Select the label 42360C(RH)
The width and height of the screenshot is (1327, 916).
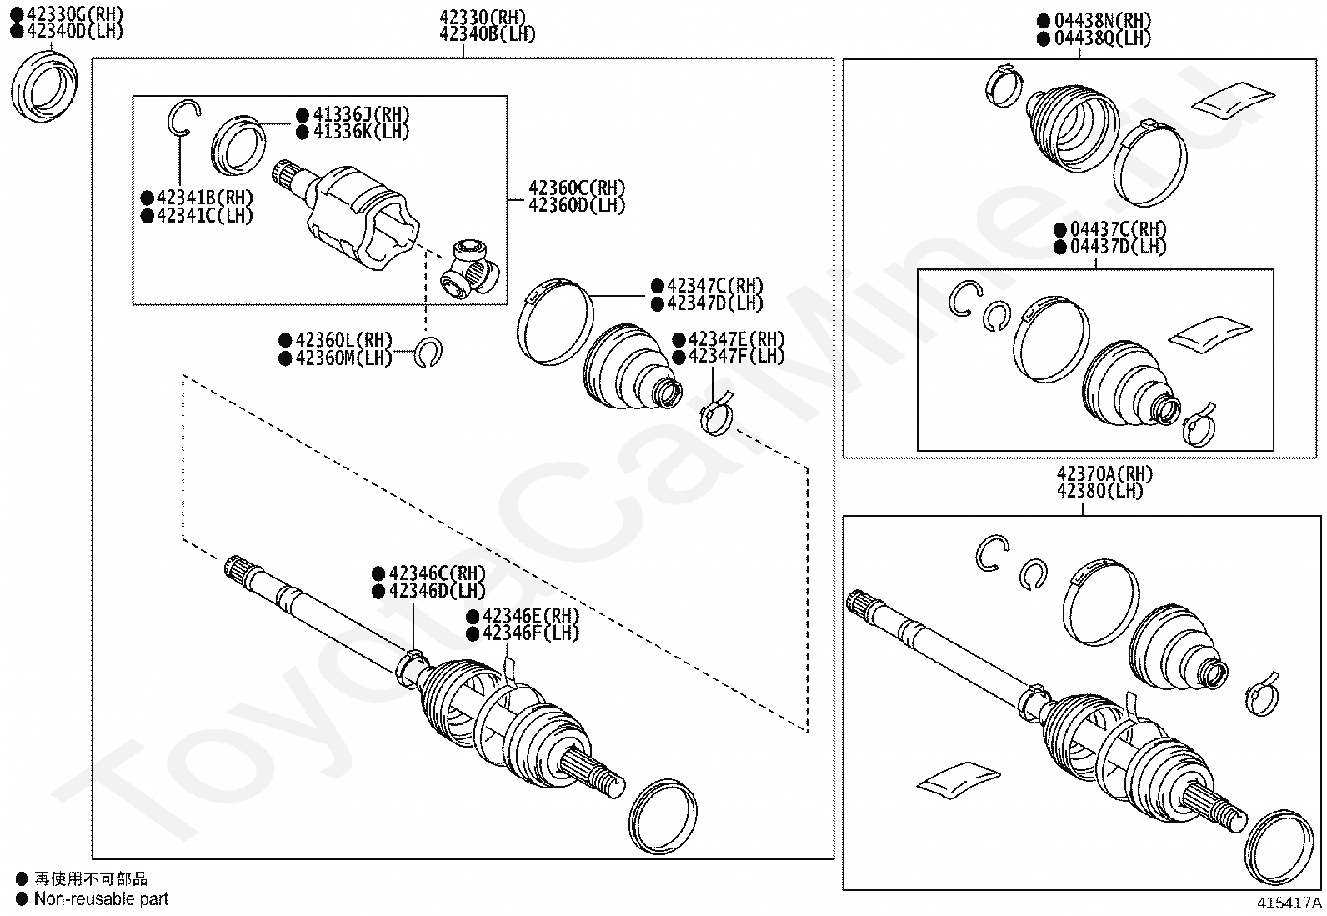(x=576, y=188)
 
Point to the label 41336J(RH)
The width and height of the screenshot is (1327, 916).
(x=361, y=115)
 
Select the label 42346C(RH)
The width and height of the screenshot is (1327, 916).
(x=437, y=573)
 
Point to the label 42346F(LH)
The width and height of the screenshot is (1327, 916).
(x=531, y=633)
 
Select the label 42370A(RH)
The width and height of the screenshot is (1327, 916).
(x=1105, y=473)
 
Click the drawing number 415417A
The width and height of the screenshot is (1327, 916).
(x=1289, y=903)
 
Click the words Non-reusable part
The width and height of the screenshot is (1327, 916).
(x=101, y=898)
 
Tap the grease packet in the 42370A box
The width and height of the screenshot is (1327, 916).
(x=958, y=775)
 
